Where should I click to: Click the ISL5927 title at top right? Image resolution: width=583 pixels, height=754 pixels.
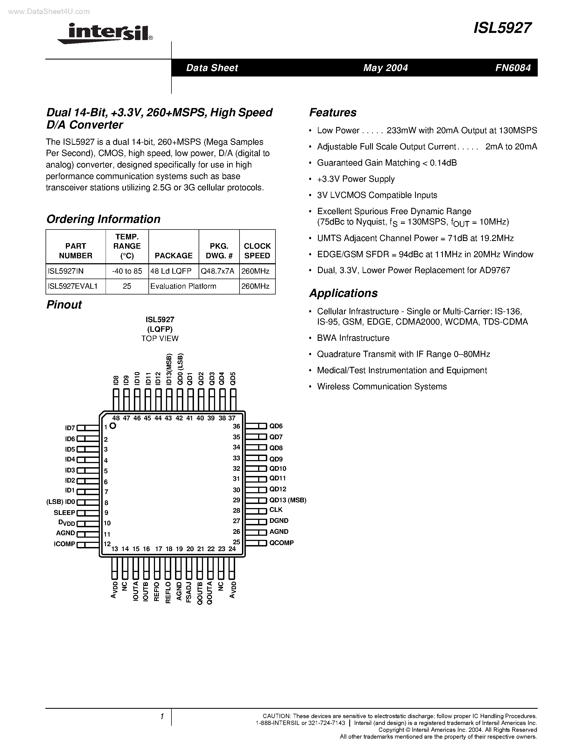coord(503,28)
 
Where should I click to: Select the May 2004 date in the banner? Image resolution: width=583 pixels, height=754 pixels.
coord(385,68)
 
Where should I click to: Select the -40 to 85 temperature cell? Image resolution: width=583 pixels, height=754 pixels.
coord(127,271)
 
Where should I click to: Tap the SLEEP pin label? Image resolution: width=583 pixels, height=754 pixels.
coord(64,513)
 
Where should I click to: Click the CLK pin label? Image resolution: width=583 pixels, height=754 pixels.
coord(276,510)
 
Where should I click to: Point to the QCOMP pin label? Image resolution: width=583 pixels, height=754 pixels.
coord(281,543)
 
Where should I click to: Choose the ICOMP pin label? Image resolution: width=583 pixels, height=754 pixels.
coord(64,544)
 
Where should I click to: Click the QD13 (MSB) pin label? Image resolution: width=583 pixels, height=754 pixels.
coord(288,500)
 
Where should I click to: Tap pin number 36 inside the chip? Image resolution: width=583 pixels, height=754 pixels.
coord(236,426)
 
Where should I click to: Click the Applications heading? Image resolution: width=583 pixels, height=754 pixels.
coord(343,293)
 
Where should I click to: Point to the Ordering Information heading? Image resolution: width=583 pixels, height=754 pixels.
coord(103,219)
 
